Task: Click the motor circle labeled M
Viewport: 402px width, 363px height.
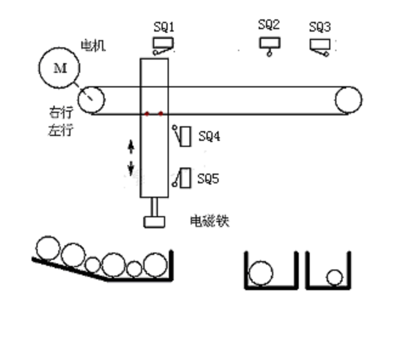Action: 60,68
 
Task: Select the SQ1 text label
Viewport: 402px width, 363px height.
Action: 164,27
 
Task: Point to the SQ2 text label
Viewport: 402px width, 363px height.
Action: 268,25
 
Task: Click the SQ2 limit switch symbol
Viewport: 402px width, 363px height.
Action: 269,46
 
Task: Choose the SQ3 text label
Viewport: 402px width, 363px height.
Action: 320,27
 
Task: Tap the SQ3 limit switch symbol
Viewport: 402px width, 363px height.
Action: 320,47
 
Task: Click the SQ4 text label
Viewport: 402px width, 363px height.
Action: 209,137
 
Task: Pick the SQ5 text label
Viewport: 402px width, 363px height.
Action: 208,179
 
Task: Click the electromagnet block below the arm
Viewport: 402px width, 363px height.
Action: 154,222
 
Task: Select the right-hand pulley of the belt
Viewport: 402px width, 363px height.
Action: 349,100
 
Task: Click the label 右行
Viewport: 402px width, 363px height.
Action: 60,113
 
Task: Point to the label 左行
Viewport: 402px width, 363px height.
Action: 60,129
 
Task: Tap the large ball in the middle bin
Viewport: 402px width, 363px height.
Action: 261,273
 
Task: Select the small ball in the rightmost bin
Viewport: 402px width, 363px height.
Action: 334,277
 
